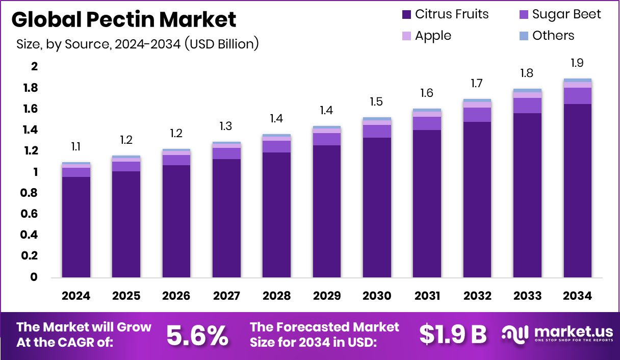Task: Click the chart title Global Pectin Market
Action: [124, 20]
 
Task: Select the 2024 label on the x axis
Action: [76, 296]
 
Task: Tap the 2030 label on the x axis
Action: [377, 296]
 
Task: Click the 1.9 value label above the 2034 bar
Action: [577, 63]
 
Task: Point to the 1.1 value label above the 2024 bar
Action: [76, 147]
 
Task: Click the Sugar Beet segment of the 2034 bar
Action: [577, 96]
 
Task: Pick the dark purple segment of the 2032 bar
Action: [477, 199]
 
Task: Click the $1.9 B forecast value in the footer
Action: [453, 335]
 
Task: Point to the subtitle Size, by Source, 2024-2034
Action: [137, 44]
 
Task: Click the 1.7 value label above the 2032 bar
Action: [477, 84]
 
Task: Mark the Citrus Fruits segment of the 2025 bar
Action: [126, 224]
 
